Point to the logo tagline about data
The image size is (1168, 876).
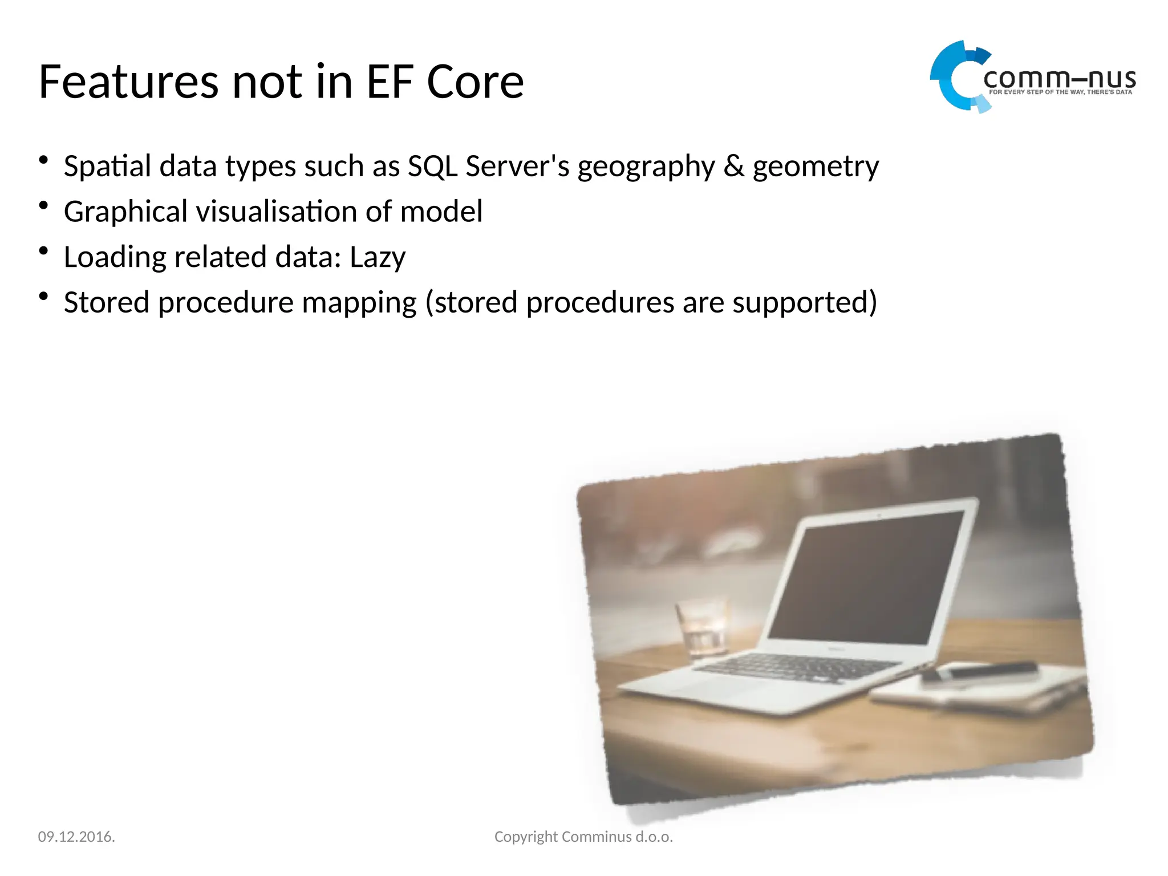1060,92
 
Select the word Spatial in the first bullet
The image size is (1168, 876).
107,167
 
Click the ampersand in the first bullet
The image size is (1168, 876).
733,167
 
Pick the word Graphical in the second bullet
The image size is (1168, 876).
125,212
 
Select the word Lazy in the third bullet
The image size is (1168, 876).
377,258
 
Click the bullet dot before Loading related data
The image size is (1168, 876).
43,251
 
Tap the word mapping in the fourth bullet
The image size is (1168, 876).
359,303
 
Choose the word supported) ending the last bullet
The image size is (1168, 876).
805,303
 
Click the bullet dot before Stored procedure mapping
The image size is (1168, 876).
43,296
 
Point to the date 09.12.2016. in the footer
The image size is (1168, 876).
76,837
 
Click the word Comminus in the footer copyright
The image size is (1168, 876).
597,837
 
